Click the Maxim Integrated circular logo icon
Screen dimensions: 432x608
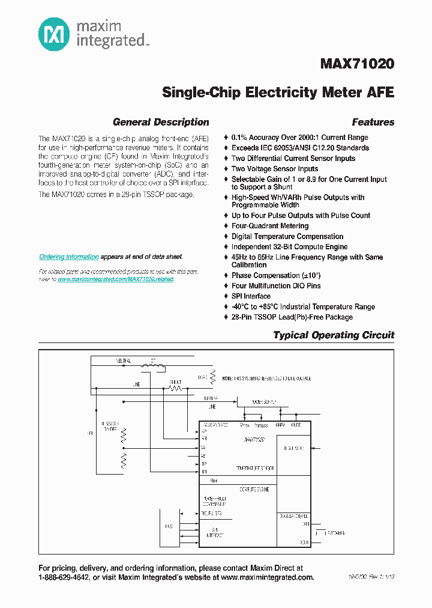point(55,34)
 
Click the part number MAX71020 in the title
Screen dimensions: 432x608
point(358,64)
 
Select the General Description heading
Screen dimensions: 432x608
point(161,122)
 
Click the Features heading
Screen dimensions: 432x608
point(373,122)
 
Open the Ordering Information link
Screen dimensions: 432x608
point(69,257)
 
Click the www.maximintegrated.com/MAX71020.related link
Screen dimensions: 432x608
point(115,279)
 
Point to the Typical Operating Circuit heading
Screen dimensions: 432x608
point(334,335)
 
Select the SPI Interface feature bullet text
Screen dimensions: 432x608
point(251,296)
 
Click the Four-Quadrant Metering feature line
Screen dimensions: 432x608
point(270,226)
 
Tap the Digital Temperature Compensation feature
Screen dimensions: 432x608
point(287,237)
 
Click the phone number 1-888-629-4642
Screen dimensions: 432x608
point(64,577)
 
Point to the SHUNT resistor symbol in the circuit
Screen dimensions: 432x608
point(175,388)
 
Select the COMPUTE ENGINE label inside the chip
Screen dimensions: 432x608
point(254,490)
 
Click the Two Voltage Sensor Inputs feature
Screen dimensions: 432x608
point(275,169)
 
